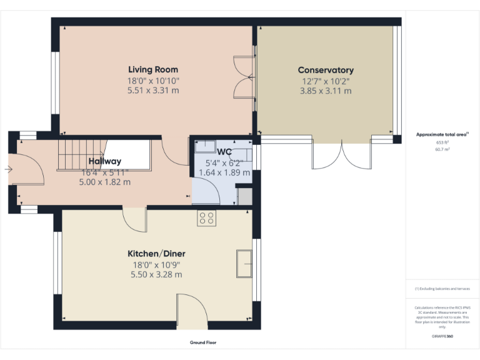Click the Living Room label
[153, 69]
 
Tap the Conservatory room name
[326, 70]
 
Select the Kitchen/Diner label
[156, 253]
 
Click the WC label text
[224, 151]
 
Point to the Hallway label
[104, 161]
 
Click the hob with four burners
[207, 218]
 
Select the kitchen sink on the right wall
[244, 263]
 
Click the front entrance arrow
[8, 169]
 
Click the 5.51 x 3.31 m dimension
[153, 91]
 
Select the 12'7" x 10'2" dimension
[326, 81]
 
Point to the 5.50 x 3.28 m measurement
[156, 274]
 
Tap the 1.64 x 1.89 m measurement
[224, 172]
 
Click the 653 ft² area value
[442, 142]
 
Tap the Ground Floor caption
[203, 342]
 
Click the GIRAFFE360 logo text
[442, 336]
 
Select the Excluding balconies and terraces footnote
[442, 289]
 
